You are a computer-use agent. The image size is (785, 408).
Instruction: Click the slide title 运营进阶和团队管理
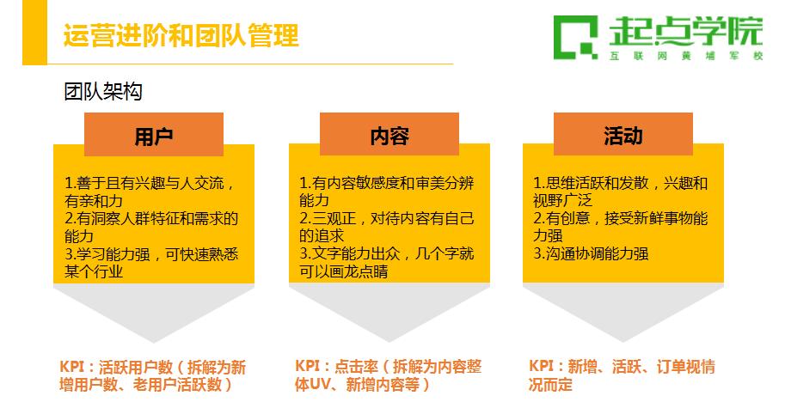click(181, 35)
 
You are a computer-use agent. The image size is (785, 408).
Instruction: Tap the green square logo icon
click(576, 38)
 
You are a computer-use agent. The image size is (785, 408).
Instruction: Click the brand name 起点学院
click(685, 31)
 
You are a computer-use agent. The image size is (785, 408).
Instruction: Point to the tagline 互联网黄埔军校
click(686, 56)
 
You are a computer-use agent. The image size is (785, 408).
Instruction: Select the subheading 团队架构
click(103, 92)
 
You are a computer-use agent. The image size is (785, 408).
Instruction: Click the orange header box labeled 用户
click(154, 134)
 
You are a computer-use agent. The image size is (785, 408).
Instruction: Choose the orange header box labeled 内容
click(389, 134)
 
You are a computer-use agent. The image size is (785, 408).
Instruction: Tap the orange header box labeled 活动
click(622, 134)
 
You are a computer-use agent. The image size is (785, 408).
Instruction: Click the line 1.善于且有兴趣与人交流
click(150, 183)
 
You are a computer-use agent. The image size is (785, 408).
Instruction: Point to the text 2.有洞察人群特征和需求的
click(151, 218)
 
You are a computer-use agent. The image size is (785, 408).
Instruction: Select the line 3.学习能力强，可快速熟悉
click(151, 254)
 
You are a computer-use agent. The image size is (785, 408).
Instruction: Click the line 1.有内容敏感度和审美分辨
click(386, 183)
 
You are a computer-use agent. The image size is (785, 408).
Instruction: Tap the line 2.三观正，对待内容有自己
click(386, 218)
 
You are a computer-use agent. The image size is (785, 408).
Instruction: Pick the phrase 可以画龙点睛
click(343, 271)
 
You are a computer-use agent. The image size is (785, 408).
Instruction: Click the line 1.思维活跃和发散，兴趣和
click(620, 183)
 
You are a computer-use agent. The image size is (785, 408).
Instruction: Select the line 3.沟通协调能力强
click(591, 253)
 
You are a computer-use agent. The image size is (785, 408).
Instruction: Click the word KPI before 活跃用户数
click(71, 367)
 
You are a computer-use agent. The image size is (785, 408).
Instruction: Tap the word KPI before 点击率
click(306, 366)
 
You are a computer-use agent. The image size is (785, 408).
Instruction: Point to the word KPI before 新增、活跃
click(540, 366)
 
